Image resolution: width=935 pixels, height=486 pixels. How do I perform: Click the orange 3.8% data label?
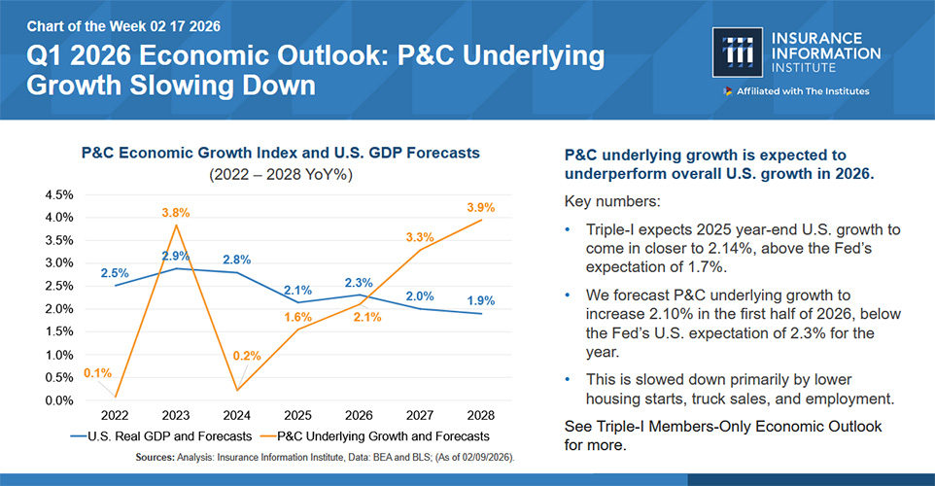(176, 213)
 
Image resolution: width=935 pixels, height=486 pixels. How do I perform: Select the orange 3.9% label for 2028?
(480, 207)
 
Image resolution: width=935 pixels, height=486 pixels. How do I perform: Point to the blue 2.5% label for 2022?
(115, 273)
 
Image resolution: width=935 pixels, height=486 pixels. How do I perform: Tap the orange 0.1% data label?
(98, 373)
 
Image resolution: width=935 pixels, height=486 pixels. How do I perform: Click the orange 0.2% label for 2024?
(247, 356)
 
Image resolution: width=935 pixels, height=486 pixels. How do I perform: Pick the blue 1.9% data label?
(480, 300)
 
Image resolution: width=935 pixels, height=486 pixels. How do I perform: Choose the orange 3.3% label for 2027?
(420, 237)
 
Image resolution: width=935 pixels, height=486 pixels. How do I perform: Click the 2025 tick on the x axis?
(297, 416)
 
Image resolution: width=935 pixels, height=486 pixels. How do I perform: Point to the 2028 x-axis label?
(480, 416)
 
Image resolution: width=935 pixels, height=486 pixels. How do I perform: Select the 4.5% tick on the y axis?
(59, 195)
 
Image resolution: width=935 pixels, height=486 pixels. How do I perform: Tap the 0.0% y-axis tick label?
(59, 400)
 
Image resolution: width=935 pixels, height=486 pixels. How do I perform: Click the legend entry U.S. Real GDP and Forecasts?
(161, 436)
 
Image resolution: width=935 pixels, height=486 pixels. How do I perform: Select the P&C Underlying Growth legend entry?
(375, 436)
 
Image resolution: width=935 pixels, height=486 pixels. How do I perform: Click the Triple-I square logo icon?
(737, 52)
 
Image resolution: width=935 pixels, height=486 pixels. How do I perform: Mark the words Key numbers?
(612, 201)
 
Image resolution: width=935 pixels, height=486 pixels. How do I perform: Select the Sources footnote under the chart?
(325, 458)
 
